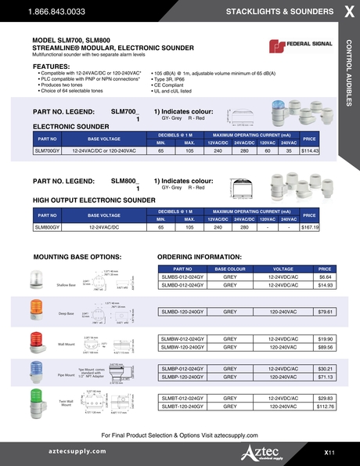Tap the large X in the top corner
pos(347,12)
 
